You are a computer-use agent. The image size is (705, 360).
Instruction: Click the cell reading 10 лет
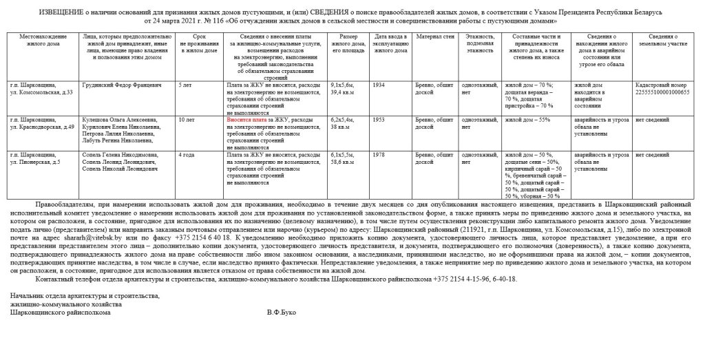point(187,119)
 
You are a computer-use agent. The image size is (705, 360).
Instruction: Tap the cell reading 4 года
point(187,155)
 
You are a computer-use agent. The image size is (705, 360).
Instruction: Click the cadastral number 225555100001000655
point(662,92)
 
